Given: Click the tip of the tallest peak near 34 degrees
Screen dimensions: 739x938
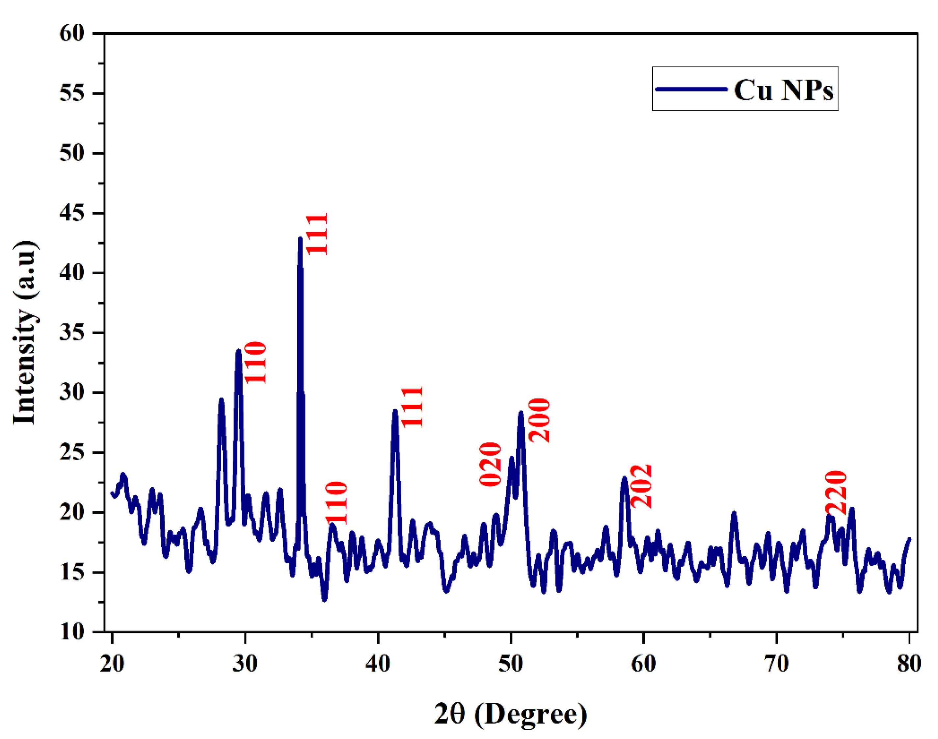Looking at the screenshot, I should pos(300,239).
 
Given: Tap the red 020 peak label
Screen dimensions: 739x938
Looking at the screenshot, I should pos(491,464).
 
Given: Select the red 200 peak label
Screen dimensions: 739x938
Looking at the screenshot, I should pos(539,420).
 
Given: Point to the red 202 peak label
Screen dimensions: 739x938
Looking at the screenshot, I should pos(641,486).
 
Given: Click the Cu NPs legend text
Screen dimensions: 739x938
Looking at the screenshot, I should pos(784,90).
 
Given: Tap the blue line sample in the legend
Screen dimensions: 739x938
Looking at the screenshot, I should pos(691,89).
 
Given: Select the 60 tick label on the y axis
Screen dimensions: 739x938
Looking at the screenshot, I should pos(72,33).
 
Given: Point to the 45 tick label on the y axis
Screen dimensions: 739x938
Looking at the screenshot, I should pos(72,213).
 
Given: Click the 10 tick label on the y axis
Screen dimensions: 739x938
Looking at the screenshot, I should pos(72,632).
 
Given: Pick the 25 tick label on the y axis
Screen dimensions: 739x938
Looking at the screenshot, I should pos(72,452).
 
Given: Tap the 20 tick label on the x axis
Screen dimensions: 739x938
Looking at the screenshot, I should pos(112,663).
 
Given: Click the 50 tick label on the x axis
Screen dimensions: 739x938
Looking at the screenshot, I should pos(511,663).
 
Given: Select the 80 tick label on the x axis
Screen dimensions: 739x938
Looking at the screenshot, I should pos(909,663).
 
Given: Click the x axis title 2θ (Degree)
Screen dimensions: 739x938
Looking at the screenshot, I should pos(511,714).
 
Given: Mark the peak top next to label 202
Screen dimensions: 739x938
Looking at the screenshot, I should pos(624,478).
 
